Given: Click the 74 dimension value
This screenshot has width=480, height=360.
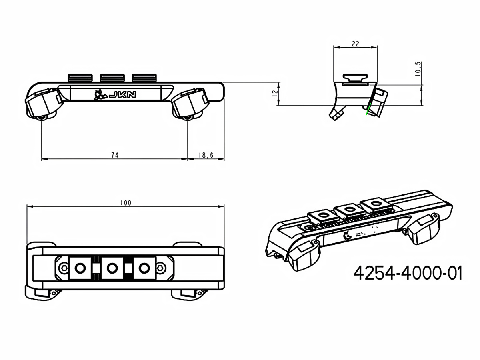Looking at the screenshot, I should pyautogui.click(x=115, y=155).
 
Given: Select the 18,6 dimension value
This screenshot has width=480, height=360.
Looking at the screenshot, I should pyautogui.click(x=206, y=155).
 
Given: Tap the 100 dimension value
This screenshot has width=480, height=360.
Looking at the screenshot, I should pyautogui.click(x=126, y=203).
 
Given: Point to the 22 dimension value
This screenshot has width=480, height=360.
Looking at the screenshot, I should pyautogui.click(x=355, y=44).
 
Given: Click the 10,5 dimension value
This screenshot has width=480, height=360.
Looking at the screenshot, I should pyautogui.click(x=418, y=69).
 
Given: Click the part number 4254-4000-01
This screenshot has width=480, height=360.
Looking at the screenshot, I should pyautogui.click(x=408, y=274).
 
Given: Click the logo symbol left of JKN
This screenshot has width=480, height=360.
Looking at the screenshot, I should pyautogui.click(x=100, y=95).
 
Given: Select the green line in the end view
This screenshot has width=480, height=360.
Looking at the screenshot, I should pyautogui.click(x=369, y=108).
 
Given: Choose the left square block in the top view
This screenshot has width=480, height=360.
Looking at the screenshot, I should pyautogui.click(x=80, y=267).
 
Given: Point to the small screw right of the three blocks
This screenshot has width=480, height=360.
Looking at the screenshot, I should pyautogui.click(x=160, y=267).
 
